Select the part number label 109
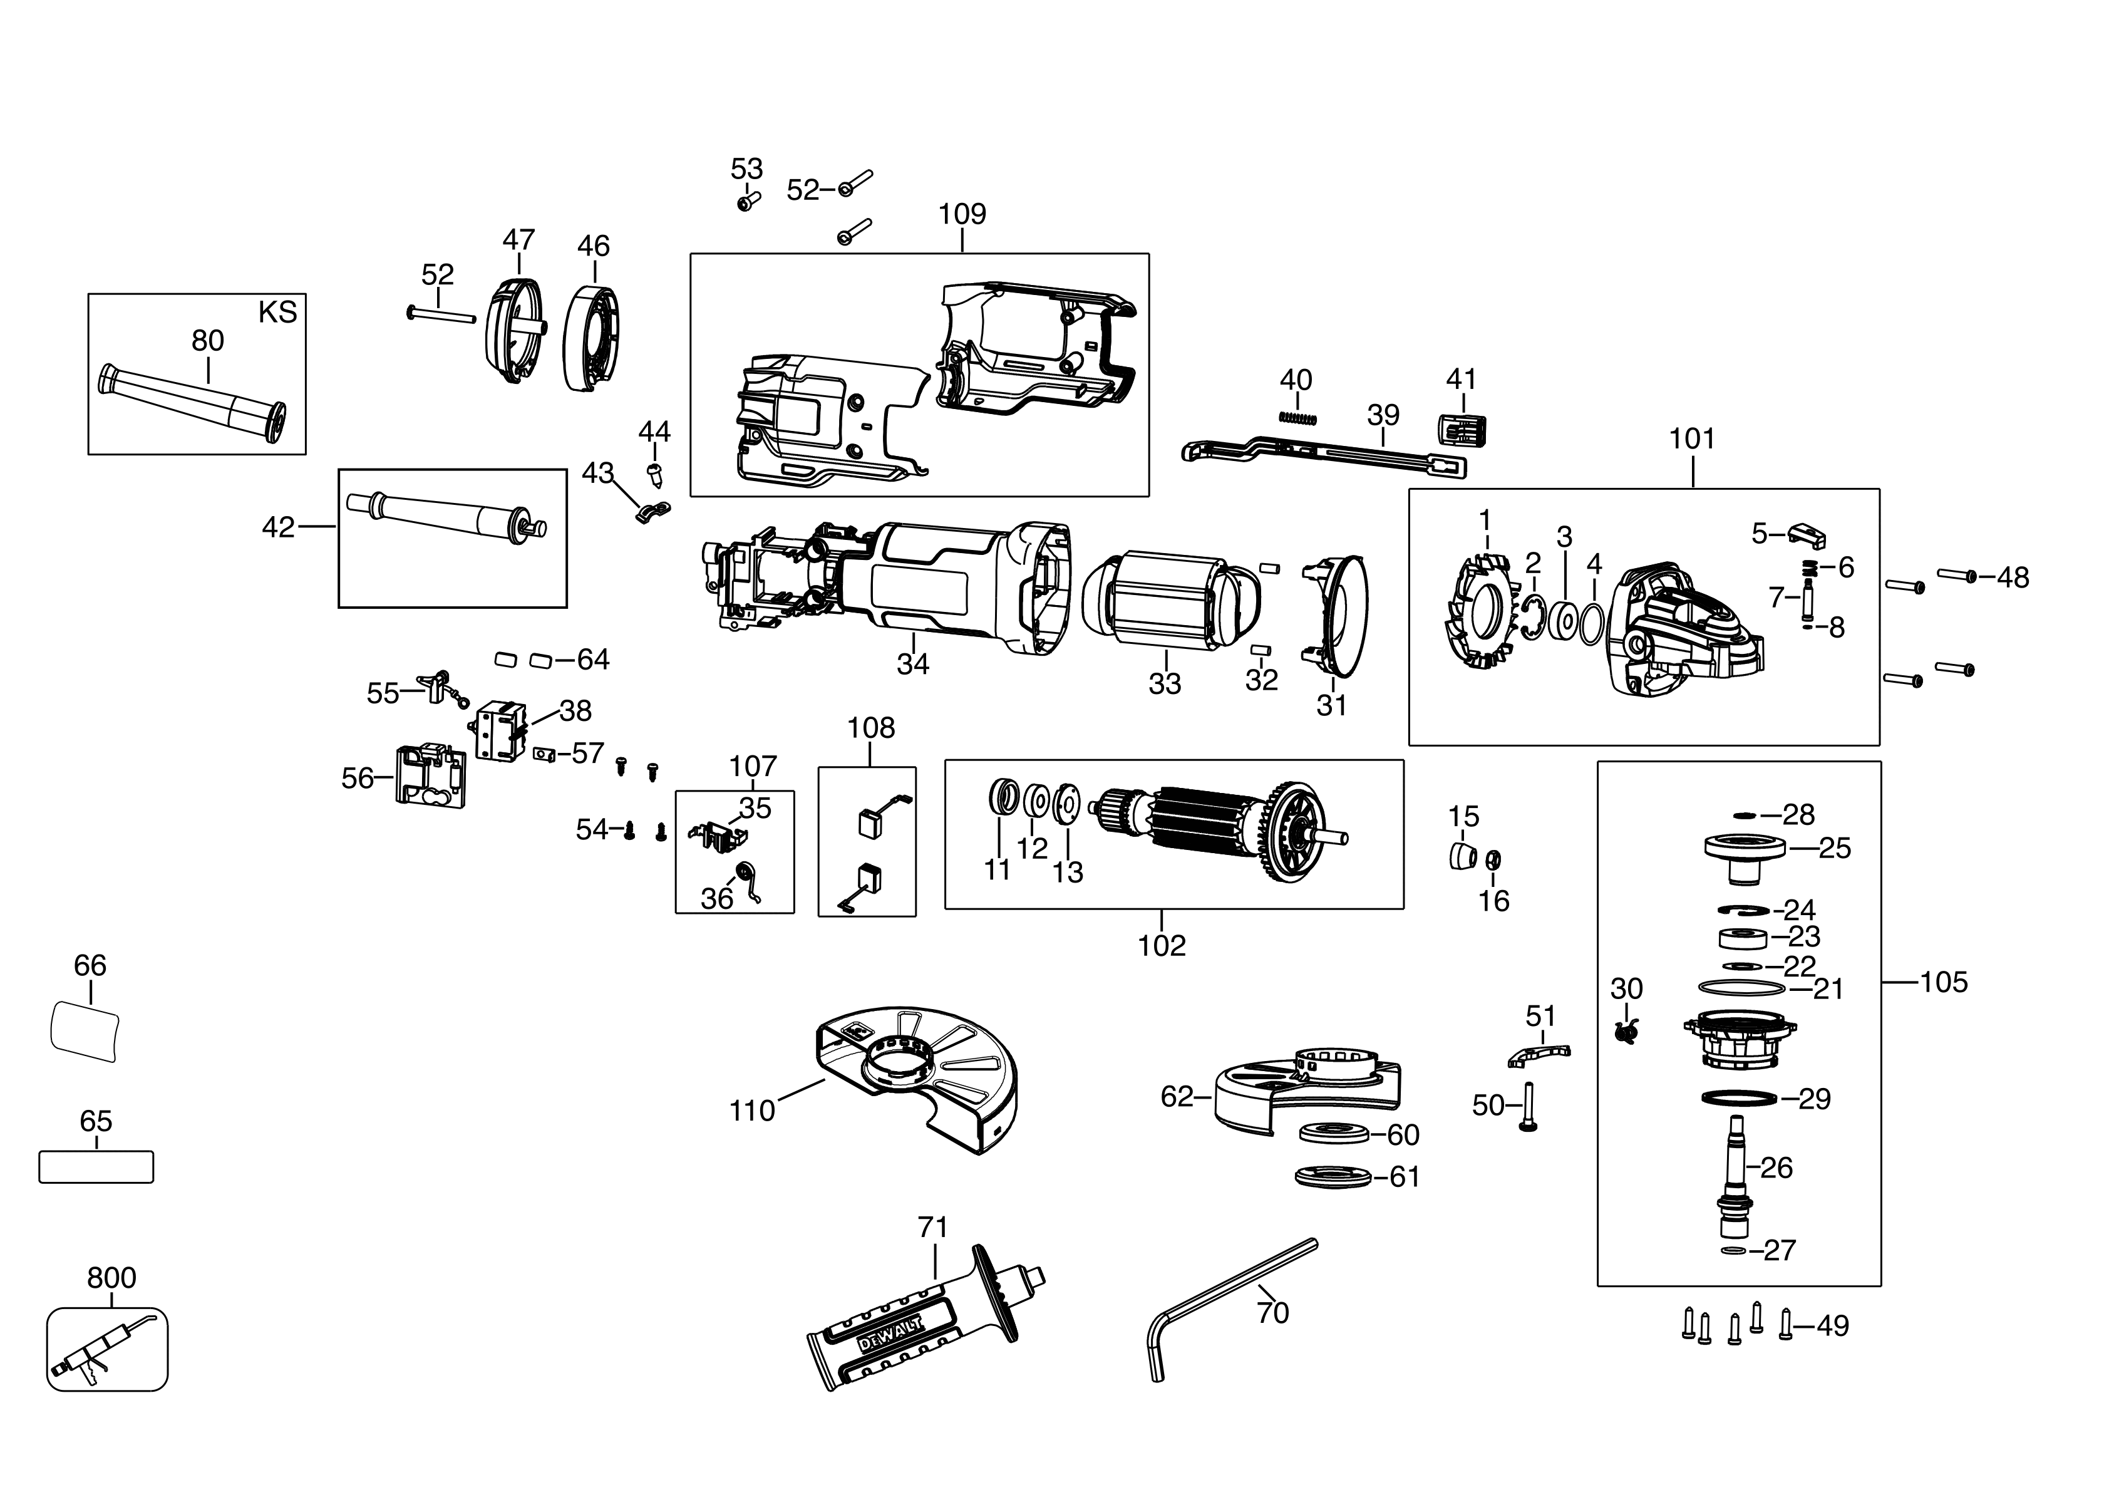962,214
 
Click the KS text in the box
277,313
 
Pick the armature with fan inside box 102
1222,831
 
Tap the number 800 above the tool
111,1278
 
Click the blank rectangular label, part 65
96,1167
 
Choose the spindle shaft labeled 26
1736,1171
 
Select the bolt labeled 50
1529,1107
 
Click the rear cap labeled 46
592,340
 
